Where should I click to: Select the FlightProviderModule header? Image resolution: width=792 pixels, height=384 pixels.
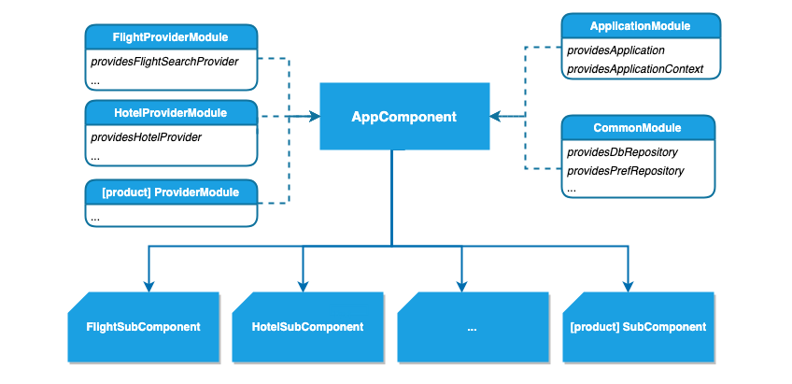(x=170, y=37)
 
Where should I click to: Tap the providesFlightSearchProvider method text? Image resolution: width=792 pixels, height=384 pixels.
(x=163, y=62)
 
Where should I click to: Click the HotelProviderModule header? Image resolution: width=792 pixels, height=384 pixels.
(x=170, y=112)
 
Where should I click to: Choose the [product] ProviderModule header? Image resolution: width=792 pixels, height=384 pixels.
(x=170, y=192)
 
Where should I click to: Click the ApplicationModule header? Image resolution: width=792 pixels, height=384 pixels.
(x=640, y=25)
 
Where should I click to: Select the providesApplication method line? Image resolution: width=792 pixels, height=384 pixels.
(x=615, y=50)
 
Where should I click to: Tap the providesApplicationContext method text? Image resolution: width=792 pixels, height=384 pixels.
(x=634, y=69)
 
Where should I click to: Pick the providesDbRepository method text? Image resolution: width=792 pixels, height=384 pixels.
(x=622, y=151)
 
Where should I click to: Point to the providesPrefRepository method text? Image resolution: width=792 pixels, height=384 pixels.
(x=626, y=171)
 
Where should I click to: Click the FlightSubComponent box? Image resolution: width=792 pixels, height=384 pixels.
(x=143, y=327)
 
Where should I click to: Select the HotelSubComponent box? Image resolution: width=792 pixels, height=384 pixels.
(x=307, y=327)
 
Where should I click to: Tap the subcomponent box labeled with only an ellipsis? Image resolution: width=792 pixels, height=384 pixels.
(x=472, y=327)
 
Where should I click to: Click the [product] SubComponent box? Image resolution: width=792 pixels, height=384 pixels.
(x=637, y=327)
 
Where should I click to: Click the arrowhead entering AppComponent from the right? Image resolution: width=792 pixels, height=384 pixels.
(x=494, y=117)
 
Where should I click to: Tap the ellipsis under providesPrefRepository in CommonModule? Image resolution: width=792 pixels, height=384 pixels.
(x=572, y=189)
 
